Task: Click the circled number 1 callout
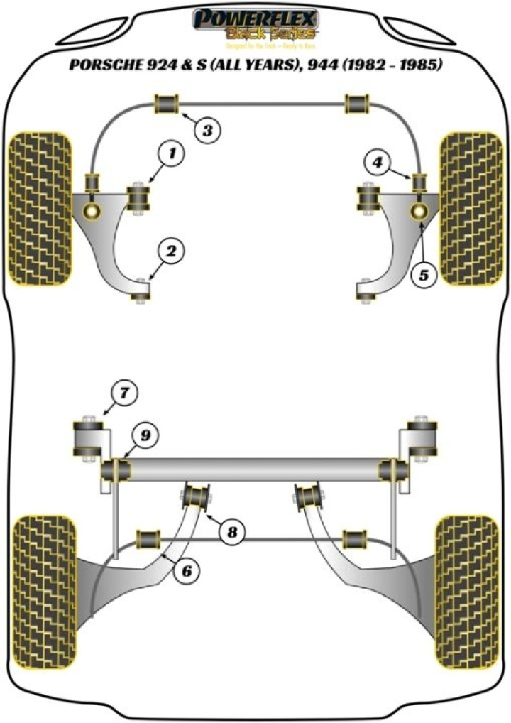[x=172, y=151]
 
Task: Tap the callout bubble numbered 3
[x=207, y=130]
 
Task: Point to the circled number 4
[x=378, y=163]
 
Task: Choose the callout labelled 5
[x=424, y=276]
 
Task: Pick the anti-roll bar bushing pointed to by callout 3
[x=167, y=105]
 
